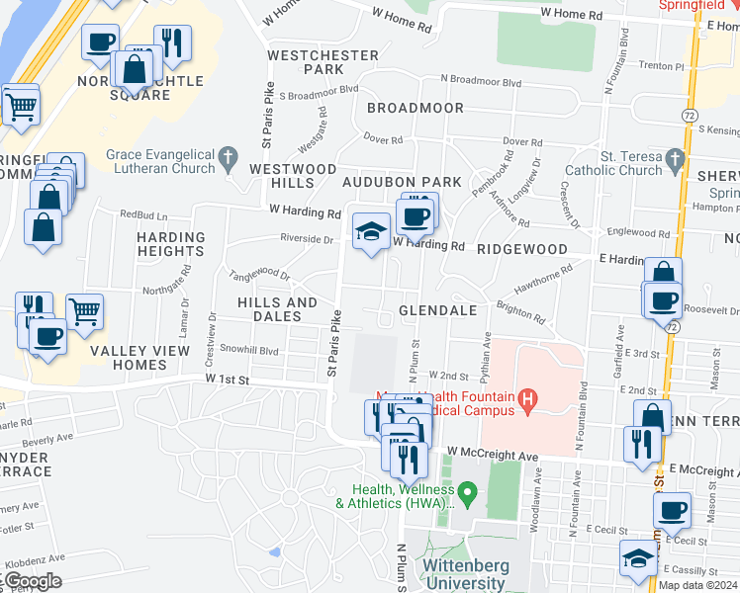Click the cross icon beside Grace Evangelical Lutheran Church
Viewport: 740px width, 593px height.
point(230,156)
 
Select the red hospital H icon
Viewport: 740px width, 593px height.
point(527,399)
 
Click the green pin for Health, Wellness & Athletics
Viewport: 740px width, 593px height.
point(472,491)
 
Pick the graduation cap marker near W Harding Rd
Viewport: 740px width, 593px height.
point(371,231)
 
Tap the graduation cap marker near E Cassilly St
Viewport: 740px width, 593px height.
point(638,558)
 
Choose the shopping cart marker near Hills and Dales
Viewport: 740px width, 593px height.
point(84,311)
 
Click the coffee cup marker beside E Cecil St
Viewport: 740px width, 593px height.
point(672,511)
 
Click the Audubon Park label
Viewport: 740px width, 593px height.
point(402,182)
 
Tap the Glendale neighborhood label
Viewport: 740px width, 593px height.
point(437,310)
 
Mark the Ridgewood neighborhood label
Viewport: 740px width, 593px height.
point(521,250)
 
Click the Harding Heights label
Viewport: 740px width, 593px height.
point(170,244)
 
